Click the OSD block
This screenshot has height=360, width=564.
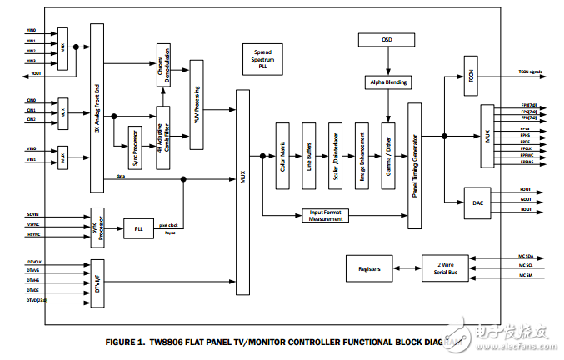386,39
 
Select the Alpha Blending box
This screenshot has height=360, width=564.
387,82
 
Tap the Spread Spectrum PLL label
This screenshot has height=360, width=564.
262,57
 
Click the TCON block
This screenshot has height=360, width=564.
471,74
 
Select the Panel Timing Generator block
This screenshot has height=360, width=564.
415,166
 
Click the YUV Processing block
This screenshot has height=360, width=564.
197,105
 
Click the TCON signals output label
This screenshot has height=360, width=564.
530,73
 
